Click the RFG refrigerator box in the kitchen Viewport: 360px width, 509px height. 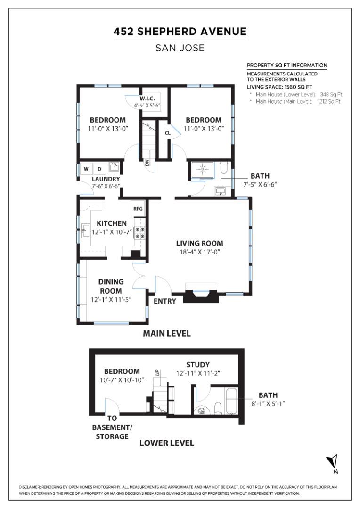[138, 209]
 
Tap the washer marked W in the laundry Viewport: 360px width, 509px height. [86, 169]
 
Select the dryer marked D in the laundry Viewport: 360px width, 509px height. [99, 169]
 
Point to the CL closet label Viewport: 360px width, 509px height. [167, 133]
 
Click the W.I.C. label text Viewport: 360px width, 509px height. [147, 99]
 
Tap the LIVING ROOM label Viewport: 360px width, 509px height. [200, 244]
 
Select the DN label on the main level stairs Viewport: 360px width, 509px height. [147, 163]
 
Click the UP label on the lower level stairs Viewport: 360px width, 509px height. [158, 373]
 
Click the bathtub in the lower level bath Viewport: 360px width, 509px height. [232, 401]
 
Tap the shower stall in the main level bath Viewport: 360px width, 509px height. [203, 169]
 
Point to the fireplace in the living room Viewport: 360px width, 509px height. [200, 293]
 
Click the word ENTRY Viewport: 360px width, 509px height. [164, 301]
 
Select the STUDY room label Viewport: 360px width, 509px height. [198, 365]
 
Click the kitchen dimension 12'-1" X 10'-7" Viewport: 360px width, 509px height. [111, 232]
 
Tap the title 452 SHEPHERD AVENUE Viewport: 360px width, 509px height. [180, 32]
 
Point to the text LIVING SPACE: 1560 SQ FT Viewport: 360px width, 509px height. [279, 87]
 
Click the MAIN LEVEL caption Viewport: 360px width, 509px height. [166, 333]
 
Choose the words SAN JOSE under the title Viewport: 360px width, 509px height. [180, 48]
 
